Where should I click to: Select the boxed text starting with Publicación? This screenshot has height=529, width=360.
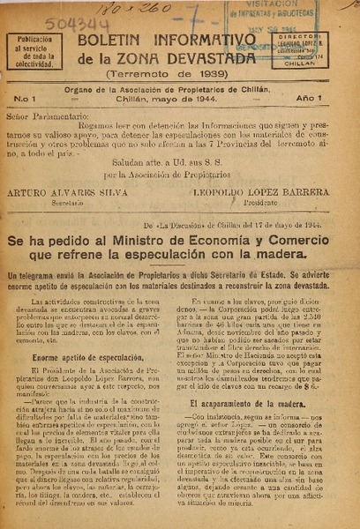tap(35, 51)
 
